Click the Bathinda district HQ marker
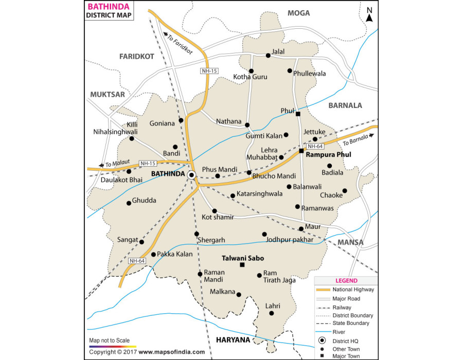click(x=191, y=175)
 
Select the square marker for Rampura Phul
click(x=301, y=151)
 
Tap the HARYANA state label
click(x=233, y=340)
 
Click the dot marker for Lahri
click(x=271, y=313)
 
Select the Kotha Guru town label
click(x=251, y=77)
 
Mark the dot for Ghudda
click(x=129, y=203)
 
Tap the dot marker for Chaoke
click(x=345, y=191)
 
